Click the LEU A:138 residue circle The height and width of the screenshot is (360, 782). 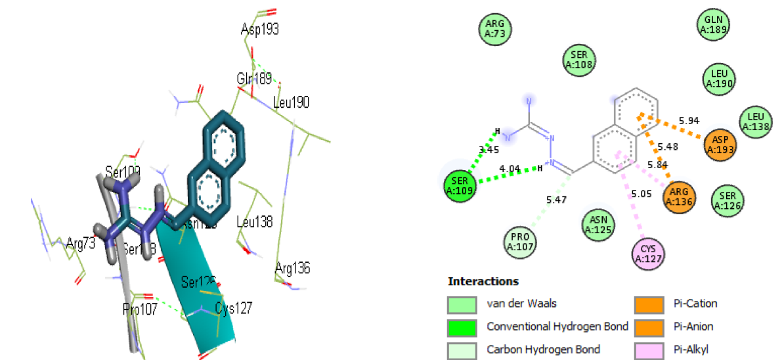[756, 122]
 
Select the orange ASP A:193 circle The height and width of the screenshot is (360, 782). [720, 144]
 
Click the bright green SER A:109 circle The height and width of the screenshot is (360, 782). [460, 186]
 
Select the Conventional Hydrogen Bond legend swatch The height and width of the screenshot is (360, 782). [461, 326]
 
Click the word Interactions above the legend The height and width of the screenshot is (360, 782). [483, 282]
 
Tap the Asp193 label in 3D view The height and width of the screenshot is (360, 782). [259, 30]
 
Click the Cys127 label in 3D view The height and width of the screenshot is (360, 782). [234, 307]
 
